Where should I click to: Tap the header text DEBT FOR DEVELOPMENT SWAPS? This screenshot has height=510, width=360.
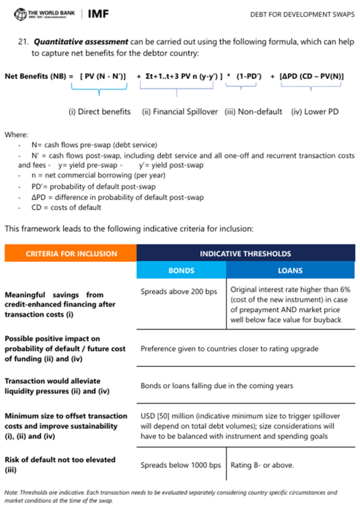click(x=302, y=15)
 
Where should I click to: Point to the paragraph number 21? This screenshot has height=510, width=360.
click(x=24, y=42)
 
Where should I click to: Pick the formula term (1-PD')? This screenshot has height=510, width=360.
click(x=248, y=76)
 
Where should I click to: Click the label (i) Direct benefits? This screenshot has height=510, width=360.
click(x=100, y=112)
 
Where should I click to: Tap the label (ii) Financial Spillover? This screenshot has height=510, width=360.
click(x=180, y=112)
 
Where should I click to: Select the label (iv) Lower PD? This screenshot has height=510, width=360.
click(x=315, y=112)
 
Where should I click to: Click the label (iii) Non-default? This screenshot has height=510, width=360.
click(x=254, y=112)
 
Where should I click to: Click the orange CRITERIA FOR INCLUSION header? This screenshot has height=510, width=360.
click(x=71, y=254)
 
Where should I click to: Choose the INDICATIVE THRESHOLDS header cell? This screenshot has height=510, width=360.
click(x=245, y=254)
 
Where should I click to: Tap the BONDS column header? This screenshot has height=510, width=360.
click(x=181, y=271)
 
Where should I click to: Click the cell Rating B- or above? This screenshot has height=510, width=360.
click(x=262, y=465)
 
